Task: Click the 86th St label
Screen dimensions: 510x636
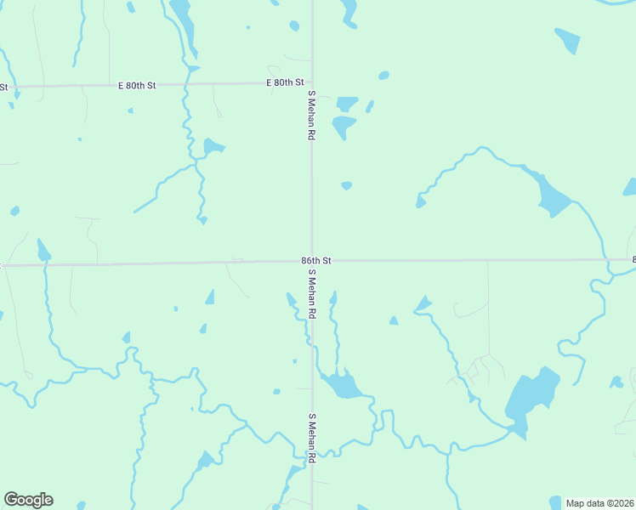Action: tap(315, 260)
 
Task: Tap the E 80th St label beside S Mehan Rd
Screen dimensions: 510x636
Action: tap(285, 82)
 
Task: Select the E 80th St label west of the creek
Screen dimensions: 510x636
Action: tap(138, 86)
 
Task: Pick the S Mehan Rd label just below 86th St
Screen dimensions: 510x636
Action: tap(312, 293)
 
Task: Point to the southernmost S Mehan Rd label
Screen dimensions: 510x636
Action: tap(312, 438)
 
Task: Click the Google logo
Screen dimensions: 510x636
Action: tap(28, 500)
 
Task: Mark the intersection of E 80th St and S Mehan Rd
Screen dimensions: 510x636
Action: tap(311, 82)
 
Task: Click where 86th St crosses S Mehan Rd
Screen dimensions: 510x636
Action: tap(311, 261)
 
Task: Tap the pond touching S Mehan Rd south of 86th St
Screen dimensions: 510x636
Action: tap(342, 385)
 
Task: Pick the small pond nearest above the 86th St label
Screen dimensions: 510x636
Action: tap(346, 185)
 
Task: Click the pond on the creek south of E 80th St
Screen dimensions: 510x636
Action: tap(213, 146)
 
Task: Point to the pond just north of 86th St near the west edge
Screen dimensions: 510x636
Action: tap(43, 251)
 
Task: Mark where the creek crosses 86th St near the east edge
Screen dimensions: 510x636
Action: tap(608, 260)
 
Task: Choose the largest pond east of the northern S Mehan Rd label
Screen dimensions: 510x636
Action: tap(344, 127)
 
